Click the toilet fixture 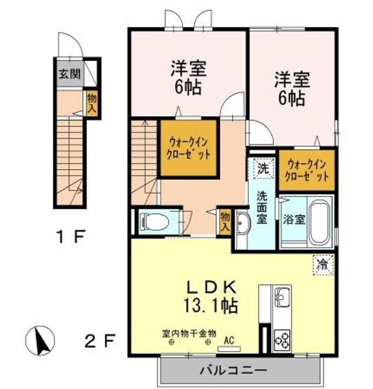[x=154, y=221]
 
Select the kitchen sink [x=282, y=298]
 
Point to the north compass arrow [x=40, y=340]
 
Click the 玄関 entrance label [x=70, y=73]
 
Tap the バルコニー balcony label [x=234, y=371]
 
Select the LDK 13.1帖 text [x=211, y=297]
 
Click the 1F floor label [x=71, y=237]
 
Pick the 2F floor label [x=100, y=340]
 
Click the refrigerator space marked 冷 [x=323, y=265]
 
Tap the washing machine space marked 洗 [x=263, y=169]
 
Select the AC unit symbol [x=229, y=348]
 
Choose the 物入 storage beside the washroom [x=225, y=221]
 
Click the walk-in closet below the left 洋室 [x=188, y=149]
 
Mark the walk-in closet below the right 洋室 [x=307, y=170]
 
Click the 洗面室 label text [x=262, y=207]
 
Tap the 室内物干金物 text [x=189, y=334]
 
